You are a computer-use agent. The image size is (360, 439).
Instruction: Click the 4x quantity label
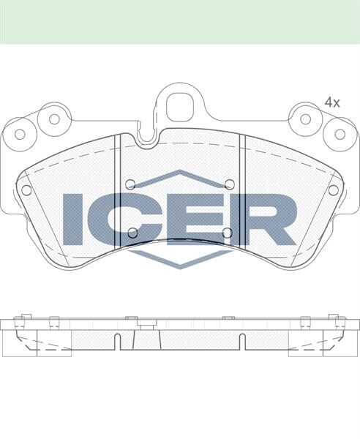[x=332, y=103]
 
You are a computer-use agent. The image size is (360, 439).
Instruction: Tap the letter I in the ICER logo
[x=73, y=219]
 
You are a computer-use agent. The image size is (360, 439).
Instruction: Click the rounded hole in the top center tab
[x=178, y=107]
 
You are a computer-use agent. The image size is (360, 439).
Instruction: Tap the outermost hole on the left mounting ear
[x=20, y=134]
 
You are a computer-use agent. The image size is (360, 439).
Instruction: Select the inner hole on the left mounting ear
[x=53, y=119]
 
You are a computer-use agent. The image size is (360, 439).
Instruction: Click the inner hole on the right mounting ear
[x=306, y=119]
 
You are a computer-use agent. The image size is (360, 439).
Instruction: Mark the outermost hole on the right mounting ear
[x=340, y=134]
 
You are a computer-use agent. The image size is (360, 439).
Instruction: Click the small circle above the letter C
[x=130, y=184]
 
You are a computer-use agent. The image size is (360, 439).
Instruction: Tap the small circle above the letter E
[x=229, y=184]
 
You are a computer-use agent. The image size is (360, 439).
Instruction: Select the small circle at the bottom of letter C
[x=132, y=233]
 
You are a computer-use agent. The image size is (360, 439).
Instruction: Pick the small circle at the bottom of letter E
[x=227, y=233]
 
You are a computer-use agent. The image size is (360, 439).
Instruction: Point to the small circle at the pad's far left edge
[x=26, y=190]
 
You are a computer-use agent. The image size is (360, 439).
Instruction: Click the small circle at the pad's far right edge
[x=333, y=190]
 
